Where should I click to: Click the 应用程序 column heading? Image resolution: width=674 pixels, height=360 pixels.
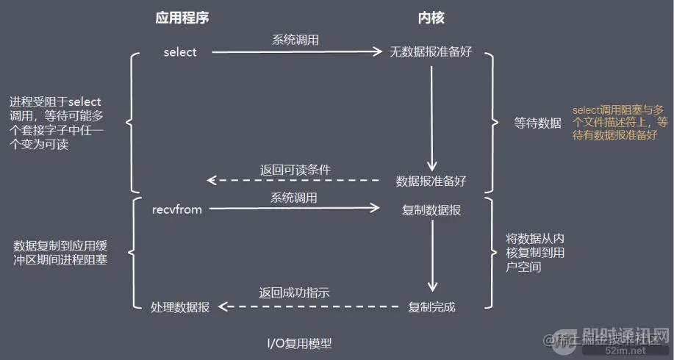click(x=182, y=18)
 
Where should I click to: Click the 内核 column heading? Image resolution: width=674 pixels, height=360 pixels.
click(x=431, y=18)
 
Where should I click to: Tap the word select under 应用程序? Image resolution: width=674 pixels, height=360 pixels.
click(x=180, y=52)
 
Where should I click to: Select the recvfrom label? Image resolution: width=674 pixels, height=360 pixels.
click(x=177, y=209)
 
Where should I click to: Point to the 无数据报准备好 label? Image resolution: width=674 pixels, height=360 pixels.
click(x=431, y=51)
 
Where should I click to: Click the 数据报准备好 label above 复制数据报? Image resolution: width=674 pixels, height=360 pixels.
click(x=431, y=181)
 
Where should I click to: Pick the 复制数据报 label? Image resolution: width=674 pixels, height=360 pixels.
click(x=431, y=210)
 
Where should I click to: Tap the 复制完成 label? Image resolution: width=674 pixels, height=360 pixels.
click(x=431, y=306)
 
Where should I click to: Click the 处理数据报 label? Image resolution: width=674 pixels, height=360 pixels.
click(x=180, y=306)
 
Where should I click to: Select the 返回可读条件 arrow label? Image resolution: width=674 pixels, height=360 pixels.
click(x=295, y=170)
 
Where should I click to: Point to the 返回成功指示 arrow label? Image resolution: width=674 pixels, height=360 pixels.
click(x=295, y=292)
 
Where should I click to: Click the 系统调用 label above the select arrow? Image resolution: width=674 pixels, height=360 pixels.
click(x=295, y=40)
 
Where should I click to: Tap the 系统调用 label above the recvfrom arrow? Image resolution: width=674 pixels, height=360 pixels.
click(x=293, y=198)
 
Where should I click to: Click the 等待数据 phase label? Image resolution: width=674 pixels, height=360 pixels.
click(x=538, y=123)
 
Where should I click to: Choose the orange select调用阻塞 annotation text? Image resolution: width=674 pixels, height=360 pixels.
click(x=620, y=123)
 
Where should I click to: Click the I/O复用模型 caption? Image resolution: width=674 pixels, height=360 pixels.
click(x=300, y=343)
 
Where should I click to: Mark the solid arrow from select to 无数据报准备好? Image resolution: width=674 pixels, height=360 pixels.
click(x=297, y=52)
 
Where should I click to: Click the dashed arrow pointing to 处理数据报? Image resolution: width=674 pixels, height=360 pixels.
click(x=309, y=306)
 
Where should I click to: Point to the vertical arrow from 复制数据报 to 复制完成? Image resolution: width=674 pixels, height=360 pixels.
click(x=432, y=256)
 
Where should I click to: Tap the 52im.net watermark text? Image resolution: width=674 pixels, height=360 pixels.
click(x=625, y=350)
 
